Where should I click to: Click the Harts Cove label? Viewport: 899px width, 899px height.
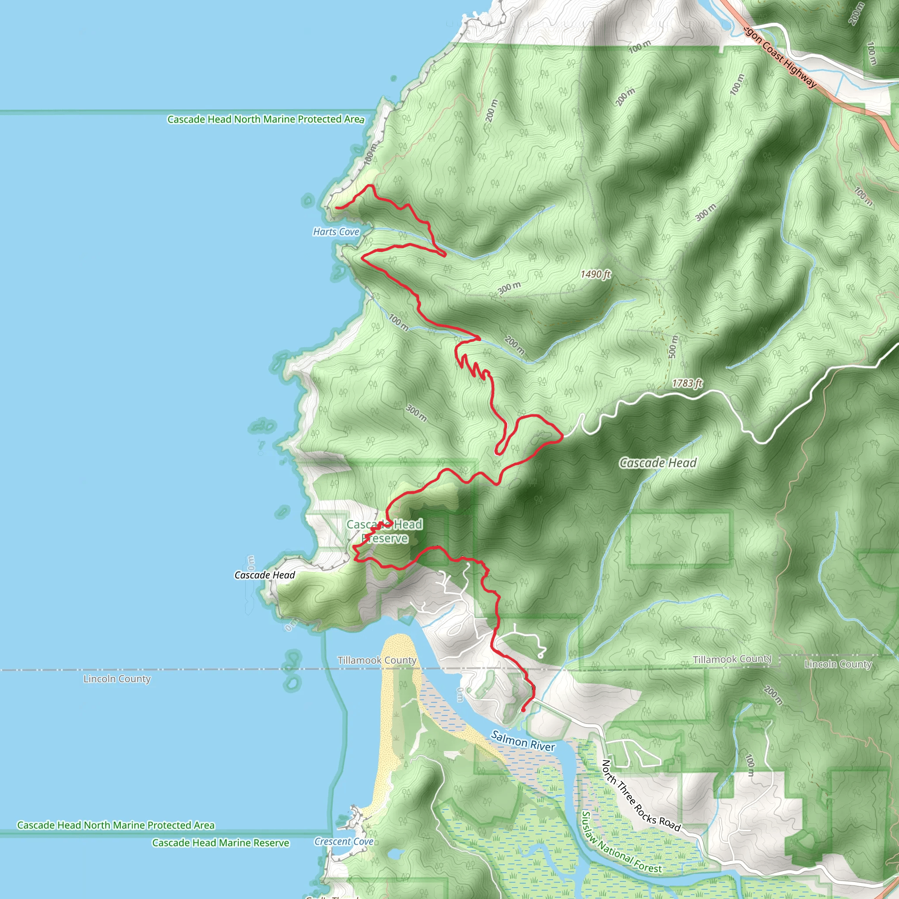[336, 232]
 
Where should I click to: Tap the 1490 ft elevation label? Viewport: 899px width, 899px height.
[595, 274]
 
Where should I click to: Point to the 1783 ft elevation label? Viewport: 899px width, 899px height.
[687, 383]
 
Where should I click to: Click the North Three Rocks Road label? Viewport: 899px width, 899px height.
[641, 796]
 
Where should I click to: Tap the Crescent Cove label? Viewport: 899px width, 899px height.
[344, 841]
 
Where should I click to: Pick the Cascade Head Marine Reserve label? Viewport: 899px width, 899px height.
[220, 843]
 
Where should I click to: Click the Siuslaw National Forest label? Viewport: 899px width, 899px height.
[621, 843]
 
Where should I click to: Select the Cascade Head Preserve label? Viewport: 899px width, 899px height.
[385, 531]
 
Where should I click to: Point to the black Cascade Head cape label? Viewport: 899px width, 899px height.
[264, 575]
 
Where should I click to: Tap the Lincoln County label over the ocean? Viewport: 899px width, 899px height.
[117, 679]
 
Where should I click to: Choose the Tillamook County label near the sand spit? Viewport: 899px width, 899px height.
[377, 660]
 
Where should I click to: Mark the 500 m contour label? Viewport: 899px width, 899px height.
[673, 347]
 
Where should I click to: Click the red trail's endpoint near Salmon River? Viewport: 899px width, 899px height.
[523, 711]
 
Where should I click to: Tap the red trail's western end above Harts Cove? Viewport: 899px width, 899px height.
[336, 208]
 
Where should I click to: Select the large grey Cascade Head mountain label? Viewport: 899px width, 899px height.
[658, 463]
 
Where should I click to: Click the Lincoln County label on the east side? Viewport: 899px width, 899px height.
[838, 664]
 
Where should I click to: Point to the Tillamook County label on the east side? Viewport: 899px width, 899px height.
[732, 659]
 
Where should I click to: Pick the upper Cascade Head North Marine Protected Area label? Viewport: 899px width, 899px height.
[265, 119]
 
